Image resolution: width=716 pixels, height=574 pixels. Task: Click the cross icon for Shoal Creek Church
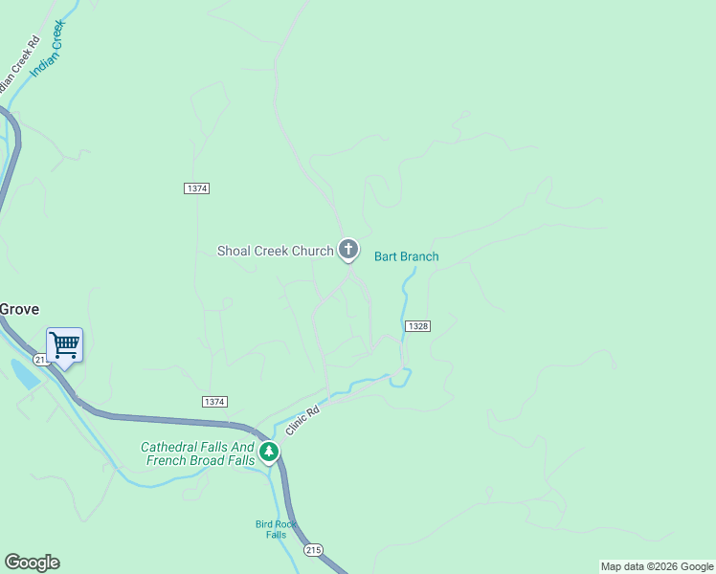(348, 250)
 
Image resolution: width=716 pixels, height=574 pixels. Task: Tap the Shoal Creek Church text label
(276, 252)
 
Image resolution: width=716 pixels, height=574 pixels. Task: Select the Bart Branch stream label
(406, 256)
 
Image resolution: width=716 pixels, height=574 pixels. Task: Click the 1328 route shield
(417, 326)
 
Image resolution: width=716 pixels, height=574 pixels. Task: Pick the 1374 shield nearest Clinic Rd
(214, 401)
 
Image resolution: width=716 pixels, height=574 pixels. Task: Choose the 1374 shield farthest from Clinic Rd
(196, 188)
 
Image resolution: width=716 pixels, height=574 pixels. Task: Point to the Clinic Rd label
(300, 420)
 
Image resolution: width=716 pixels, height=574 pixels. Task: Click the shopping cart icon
(64, 344)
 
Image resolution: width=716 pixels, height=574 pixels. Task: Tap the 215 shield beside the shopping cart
(40, 359)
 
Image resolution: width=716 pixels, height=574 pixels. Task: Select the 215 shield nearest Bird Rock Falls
(313, 550)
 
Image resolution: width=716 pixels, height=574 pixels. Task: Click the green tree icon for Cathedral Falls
(270, 452)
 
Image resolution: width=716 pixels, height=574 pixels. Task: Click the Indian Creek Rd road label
(16, 65)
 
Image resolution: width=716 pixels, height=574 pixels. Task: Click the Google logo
(32, 562)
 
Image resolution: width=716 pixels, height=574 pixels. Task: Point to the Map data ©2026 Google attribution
(658, 566)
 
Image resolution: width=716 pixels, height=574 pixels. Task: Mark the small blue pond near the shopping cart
(24, 373)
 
